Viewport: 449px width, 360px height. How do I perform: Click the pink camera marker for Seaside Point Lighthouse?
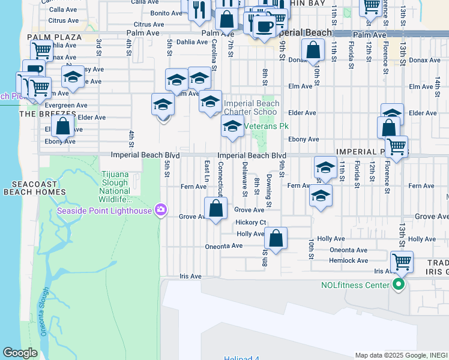[160, 209]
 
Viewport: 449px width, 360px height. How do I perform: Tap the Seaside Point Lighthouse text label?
[104, 210]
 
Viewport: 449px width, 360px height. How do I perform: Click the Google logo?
[20, 353]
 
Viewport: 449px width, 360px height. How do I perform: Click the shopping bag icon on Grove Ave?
[216, 209]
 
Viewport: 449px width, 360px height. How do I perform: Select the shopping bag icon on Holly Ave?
[276, 238]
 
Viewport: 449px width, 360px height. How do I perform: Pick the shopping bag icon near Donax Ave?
[313, 50]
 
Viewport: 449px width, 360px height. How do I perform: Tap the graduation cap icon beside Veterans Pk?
[232, 126]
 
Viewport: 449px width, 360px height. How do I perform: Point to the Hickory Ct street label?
[250, 222]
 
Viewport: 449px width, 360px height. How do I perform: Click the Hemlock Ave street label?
[348, 260]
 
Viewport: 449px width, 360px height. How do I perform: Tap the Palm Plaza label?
[54, 37]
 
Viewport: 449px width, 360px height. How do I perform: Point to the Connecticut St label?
[221, 178]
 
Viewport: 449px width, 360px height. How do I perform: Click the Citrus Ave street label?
[64, 20]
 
